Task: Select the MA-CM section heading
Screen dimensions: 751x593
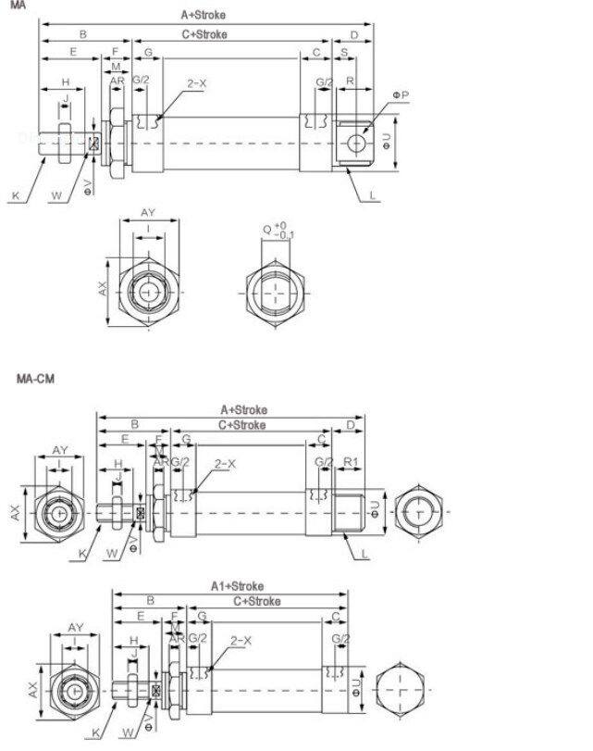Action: tap(34, 379)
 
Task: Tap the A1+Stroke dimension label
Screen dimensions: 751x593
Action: tap(236, 586)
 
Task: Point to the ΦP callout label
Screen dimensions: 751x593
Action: tap(399, 94)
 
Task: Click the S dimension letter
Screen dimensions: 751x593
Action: tap(345, 53)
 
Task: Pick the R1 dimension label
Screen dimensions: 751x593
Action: tap(352, 462)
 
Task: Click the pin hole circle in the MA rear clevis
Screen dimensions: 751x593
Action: tap(355, 142)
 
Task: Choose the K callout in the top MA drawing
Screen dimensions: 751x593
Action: tap(15, 195)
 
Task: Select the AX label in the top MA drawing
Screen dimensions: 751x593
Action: tap(104, 289)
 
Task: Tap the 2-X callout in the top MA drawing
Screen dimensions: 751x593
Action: tap(196, 83)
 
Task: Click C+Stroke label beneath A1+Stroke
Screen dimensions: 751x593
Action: tap(256, 601)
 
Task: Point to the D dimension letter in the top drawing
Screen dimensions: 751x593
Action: tap(354, 34)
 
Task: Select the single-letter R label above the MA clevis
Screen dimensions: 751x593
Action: tap(349, 82)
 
